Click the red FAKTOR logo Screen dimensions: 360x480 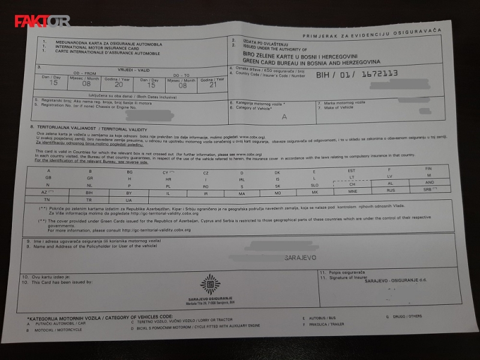tap(41, 21)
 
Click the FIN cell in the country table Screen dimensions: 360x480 tap(428, 169)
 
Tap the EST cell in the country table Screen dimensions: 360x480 tap(352, 170)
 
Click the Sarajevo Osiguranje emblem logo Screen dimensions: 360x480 tap(210, 284)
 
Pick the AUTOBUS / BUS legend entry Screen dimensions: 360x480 tap(322, 317)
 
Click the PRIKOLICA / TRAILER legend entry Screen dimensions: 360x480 tap(326, 324)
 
